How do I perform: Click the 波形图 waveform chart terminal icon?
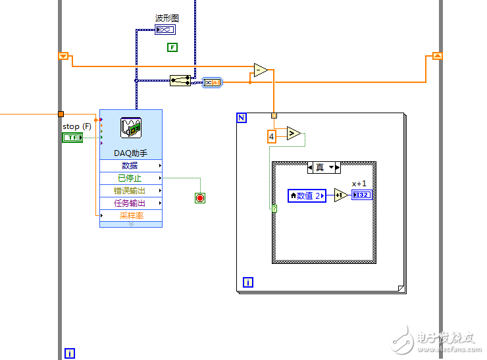165,30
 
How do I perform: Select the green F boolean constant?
172,47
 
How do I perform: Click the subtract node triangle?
261,70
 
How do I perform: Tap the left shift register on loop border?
64,57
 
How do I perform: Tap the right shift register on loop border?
437,57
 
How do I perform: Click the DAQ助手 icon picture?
130,128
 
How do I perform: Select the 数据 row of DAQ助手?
130,166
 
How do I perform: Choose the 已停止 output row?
130,178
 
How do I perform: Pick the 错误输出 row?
130,191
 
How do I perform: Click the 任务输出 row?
130,203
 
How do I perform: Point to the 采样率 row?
130,215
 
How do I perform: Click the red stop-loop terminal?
200,197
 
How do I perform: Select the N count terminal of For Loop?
242,118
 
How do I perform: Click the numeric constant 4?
271,137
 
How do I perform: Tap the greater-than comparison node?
293,134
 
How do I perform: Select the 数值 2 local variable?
307,195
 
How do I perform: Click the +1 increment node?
340,195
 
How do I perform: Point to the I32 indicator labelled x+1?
361,195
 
